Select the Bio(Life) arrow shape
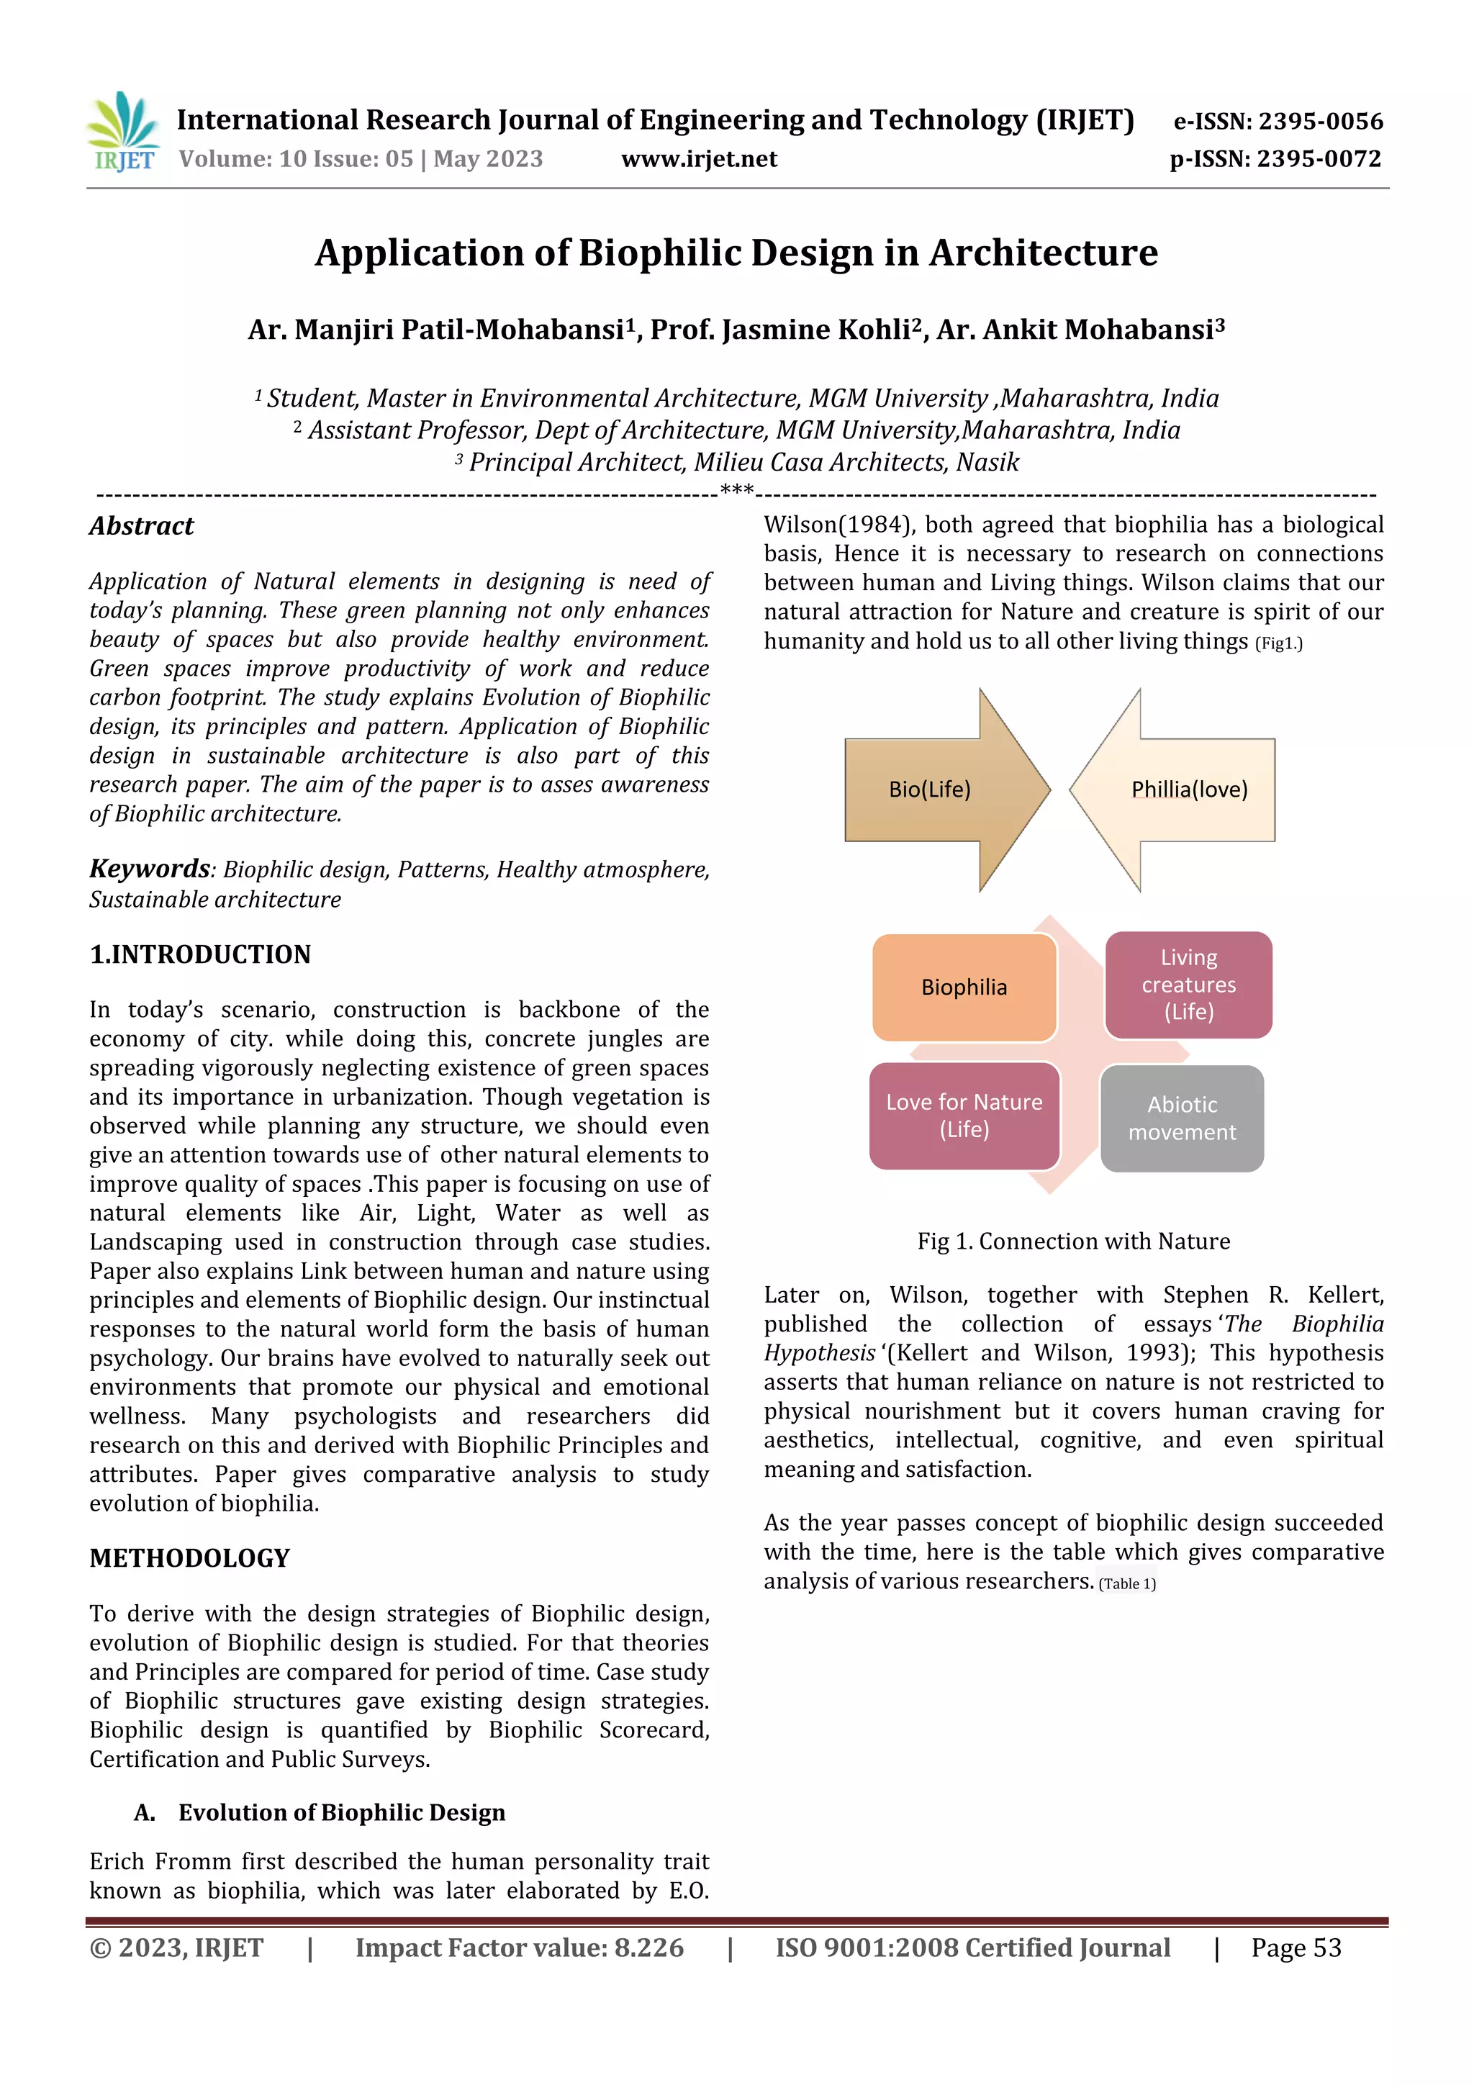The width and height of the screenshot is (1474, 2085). coord(936,789)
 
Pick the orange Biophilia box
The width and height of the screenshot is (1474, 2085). coord(964,987)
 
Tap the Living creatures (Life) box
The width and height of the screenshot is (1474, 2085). coord(1188,985)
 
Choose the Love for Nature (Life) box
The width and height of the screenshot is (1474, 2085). coord(964,1115)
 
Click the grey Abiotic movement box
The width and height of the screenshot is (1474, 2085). coord(1182,1118)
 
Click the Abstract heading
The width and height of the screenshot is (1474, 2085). coord(142,526)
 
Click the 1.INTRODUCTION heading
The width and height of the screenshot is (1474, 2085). coord(200,954)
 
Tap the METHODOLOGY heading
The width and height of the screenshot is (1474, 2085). coord(189,1557)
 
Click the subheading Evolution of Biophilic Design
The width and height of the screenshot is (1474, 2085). coord(340,1812)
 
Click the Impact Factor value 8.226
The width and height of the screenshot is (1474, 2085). coord(648,1947)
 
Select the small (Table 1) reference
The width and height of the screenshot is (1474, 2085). coord(1126,1584)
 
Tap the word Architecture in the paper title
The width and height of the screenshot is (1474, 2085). coord(1043,253)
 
